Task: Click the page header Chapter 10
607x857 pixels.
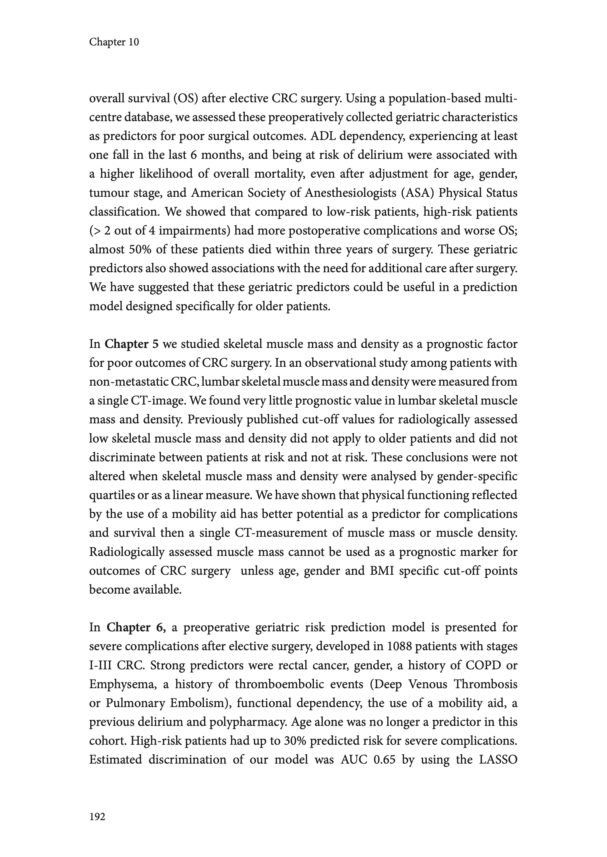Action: pos(114,42)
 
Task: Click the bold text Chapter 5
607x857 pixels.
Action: pos(132,344)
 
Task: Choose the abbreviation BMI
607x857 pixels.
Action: pos(378,571)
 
